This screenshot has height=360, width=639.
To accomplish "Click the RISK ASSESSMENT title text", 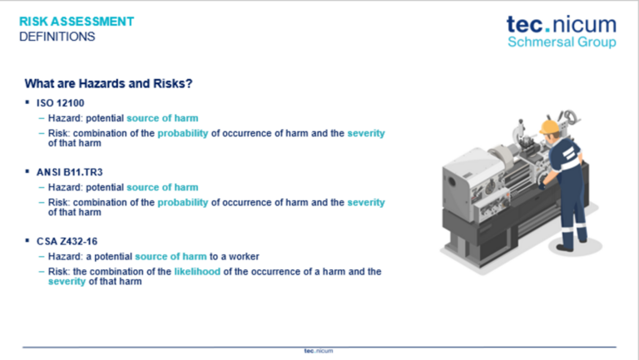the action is click(77, 22).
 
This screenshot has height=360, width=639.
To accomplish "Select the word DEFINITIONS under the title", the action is click(57, 37).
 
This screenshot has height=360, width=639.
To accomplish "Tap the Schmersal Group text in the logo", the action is click(562, 42).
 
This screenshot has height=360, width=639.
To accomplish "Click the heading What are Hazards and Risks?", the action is click(108, 83).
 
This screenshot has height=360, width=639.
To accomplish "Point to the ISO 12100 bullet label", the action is click(60, 103).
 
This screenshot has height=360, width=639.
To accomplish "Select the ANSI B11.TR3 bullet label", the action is click(69, 172).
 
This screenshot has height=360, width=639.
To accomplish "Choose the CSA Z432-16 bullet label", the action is click(67, 241).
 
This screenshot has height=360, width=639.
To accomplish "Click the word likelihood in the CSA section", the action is click(197, 272).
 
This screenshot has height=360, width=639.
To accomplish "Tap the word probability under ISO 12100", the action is click(182, 134).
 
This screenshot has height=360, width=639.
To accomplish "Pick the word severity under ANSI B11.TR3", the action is click(366, 202).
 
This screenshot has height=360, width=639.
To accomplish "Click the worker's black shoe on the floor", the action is click(565, 247).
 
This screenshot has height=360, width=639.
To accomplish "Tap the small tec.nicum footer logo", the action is click(319, 351).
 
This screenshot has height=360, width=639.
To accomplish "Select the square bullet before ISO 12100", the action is click(27, 102).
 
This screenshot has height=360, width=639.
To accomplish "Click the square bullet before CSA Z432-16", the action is click(27, 240).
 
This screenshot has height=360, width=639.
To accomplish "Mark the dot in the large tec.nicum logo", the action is click(547, 29).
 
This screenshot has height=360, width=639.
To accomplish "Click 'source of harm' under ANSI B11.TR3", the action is click(162, 187).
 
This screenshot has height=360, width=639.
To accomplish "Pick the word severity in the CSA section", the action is click(67, 281).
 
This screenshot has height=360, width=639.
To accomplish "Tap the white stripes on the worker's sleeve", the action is click(568, 155).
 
